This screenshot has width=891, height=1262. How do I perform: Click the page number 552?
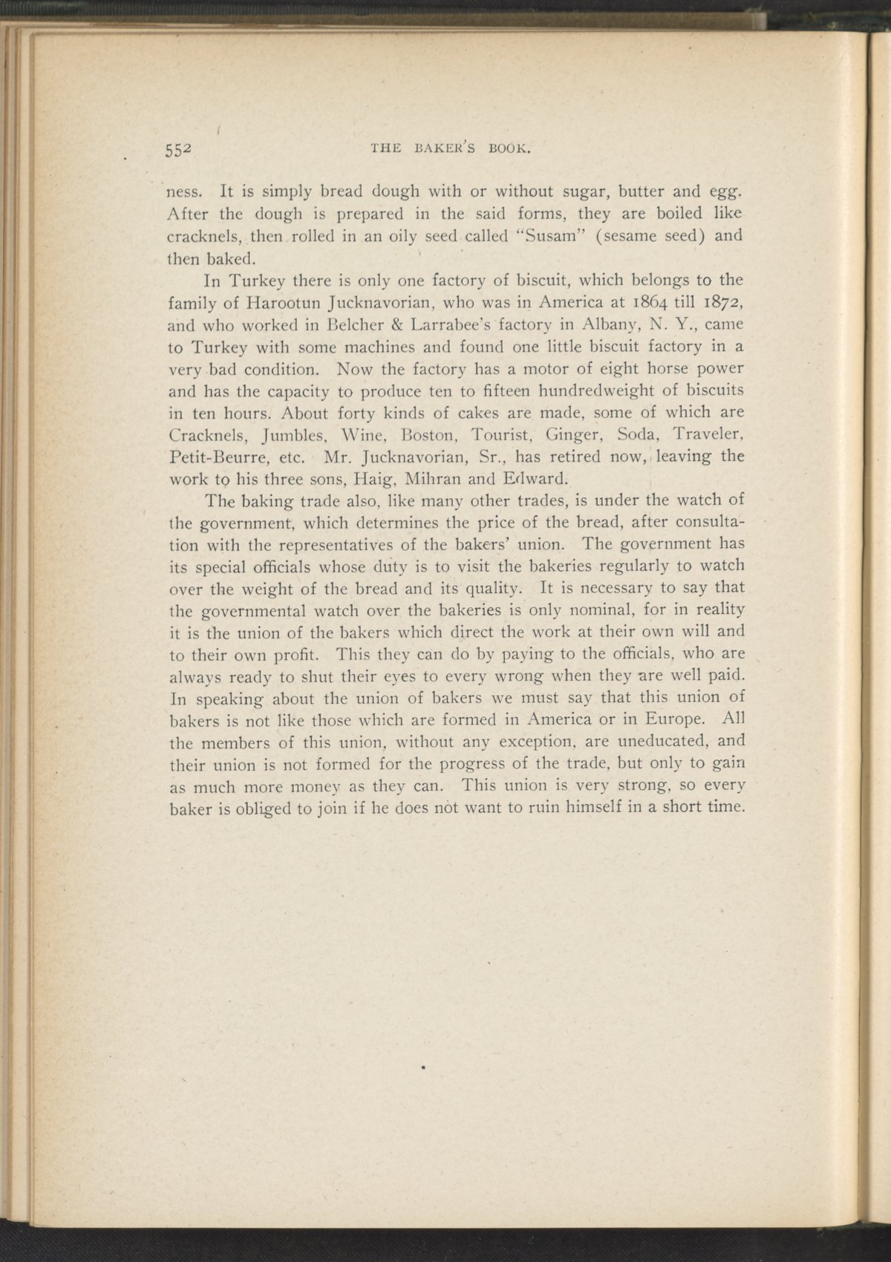coord(179,147)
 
